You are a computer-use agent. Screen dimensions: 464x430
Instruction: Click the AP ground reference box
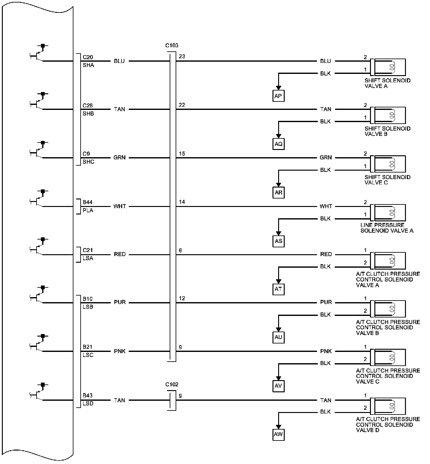click(278, 96)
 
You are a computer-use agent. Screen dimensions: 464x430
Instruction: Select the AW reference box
click(278, 434)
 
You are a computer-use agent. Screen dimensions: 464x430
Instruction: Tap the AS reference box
click(278, 241)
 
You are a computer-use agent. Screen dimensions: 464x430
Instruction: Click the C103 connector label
click(172, 45)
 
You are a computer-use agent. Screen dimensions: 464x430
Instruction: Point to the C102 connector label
click(172, 384)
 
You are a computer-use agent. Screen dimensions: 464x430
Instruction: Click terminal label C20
click(88, 57)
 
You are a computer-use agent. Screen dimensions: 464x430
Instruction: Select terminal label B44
click(87, 203)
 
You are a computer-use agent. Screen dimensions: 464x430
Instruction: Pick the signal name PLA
click(88, 210)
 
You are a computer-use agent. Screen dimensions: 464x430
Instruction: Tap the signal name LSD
click(88, 404)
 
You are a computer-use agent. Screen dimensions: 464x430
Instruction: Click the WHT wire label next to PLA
click(120, 206)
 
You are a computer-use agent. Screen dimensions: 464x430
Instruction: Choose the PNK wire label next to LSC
click(120, 351)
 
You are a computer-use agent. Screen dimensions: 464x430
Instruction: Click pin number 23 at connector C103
click(182, 57)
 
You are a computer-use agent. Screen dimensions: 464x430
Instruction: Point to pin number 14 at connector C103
click(182, 202)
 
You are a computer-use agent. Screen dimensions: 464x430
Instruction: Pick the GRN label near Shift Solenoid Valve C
click(326, 157)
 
